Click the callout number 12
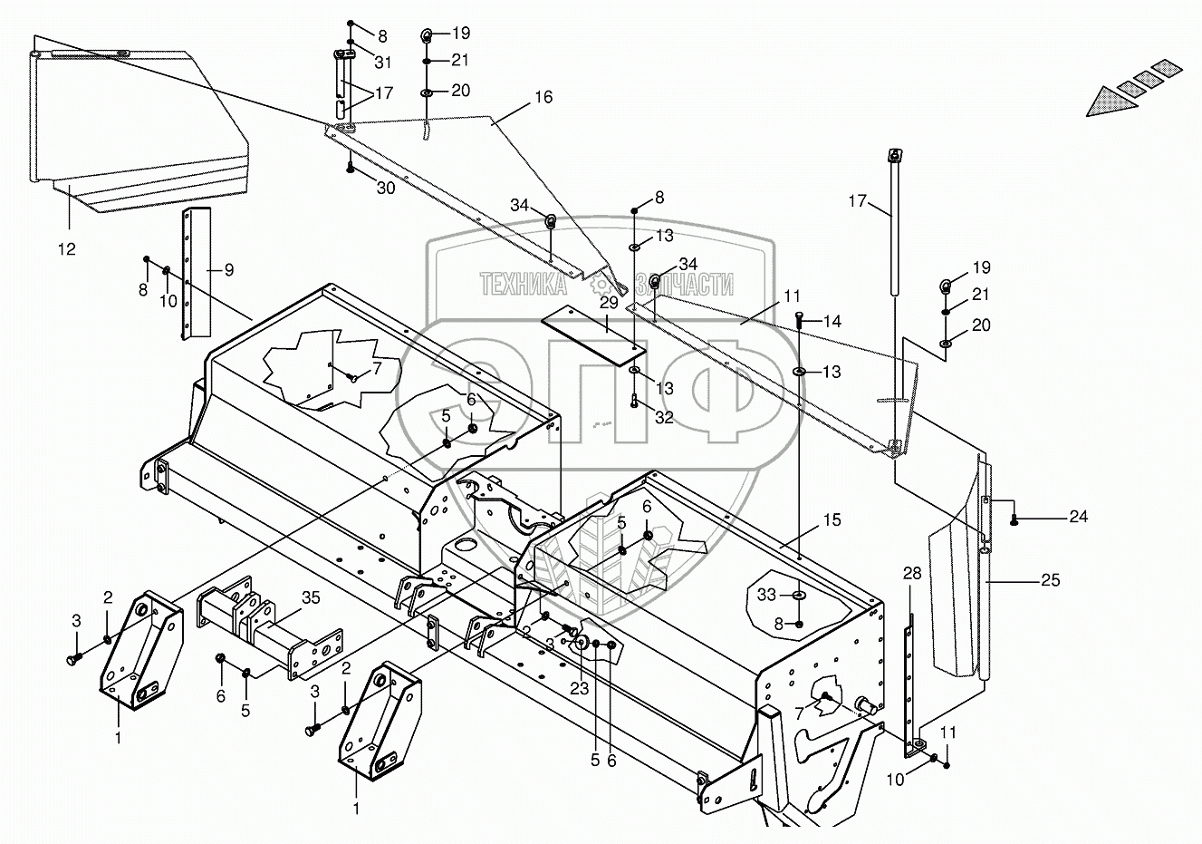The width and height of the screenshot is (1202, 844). click(x=67, y=249)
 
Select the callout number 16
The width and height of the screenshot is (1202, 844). click(x=543, y=97)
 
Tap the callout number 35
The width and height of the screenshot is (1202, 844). click(x=311, y=597)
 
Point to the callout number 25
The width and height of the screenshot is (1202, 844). click(x=1050, y=580)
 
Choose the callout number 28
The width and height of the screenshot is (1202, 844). click(x=912, y=574)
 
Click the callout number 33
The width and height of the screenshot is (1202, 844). click(x=767, y=595)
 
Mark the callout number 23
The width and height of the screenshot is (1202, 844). click(x=579, y=688)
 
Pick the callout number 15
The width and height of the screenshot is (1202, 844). click(x=832, y=519)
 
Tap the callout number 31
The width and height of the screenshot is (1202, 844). click(x=382, y=63)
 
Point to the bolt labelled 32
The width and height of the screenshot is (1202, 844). click(x=634, y=401)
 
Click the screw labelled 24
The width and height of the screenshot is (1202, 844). click(x=1014, y=519)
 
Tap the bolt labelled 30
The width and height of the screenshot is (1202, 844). click(x=350, y=167)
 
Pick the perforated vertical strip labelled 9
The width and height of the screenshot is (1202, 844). click(x=196, y=274)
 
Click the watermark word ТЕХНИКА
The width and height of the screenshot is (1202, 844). click(x=524, y=284)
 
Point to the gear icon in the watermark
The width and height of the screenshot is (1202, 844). click(x=601, y=284)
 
